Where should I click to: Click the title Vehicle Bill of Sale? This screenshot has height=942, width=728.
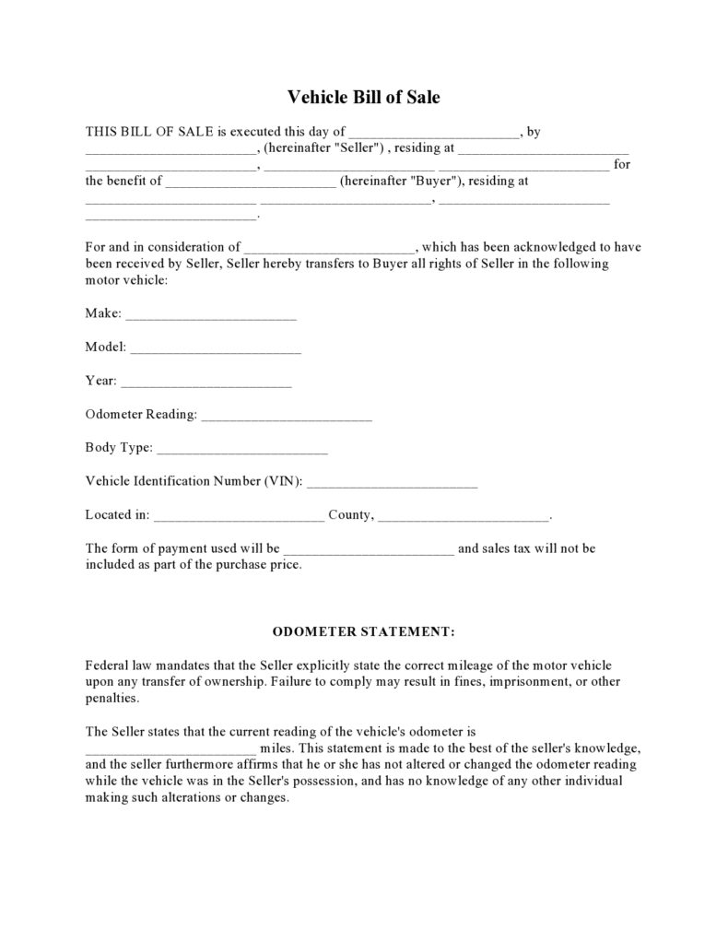pyautogui.click(x=364, y=96)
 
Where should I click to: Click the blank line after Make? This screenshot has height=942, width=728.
pyautogui.click(x=211, y=315)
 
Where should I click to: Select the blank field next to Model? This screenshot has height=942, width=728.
pyautogui.click(x=216, y=349)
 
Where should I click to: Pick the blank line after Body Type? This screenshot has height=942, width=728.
pyautogui.click(x=242, y=450)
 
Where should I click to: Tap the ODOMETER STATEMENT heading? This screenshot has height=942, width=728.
pyautogui.click(x=364, y=633)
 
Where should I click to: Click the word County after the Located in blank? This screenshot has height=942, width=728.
pyautogui.click(x=350, y=515)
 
